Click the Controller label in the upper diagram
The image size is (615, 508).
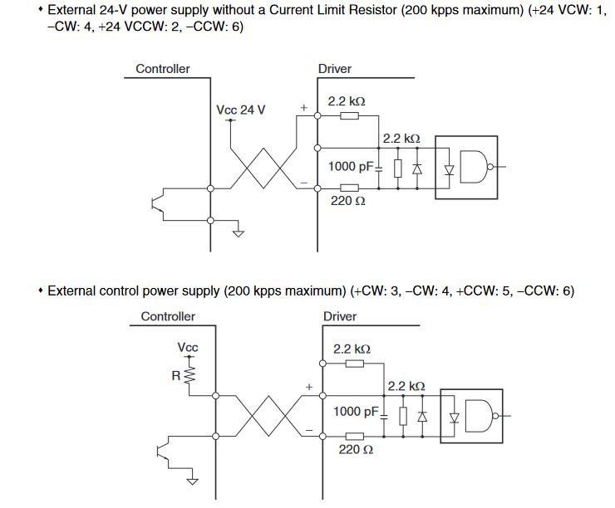[163, 69]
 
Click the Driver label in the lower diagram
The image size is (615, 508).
[340, 316]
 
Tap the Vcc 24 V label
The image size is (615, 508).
[241, 110]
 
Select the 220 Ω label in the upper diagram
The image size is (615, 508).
[348, 202]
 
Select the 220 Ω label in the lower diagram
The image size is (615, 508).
[355, 449]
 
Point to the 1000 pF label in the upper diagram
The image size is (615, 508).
[352, 166]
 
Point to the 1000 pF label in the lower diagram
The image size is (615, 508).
[357, 412]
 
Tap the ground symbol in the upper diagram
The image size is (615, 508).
[239, 232]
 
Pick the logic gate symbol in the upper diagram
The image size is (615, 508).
[475, 168]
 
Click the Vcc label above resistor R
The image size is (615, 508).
[188, 347]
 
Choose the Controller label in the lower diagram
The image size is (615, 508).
[168, 316]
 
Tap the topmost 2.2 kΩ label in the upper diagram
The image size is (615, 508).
[347, 101]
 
